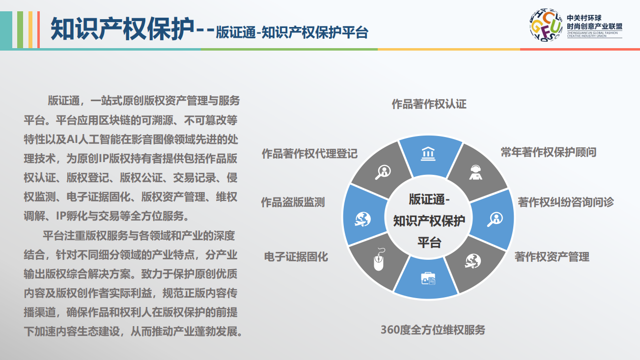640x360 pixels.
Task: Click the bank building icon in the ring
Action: coord(428,154)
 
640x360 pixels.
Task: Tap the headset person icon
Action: coord(475,172)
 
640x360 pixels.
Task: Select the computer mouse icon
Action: coord(379,259)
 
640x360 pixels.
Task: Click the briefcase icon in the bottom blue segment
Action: coord(428,278)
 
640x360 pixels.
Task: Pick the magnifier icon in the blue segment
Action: coord(495,219)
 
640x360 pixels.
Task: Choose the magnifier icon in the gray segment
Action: coord(383,172)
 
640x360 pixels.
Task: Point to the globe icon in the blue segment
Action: coord(363,220)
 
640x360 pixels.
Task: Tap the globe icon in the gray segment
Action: coord(473,261)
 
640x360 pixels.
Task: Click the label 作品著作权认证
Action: coord(429,104)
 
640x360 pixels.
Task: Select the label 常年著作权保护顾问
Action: coord(549,152)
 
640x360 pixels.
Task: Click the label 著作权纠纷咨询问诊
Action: coord(566,202)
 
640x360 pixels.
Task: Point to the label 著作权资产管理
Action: coord(552,256)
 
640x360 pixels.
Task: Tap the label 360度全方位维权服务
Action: coord(433,330)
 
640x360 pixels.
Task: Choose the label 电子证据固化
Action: coord(296,256)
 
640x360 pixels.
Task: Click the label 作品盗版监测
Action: coord(293,202)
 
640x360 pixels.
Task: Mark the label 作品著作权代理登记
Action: coord(310,153)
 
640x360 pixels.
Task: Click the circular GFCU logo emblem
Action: coord(546,25)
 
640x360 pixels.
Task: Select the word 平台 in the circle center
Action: coord(429,242)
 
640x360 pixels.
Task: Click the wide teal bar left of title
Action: coord(6,30)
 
